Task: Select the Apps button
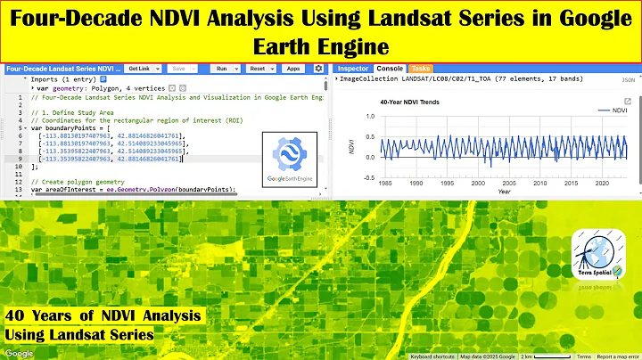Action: pos(292,69)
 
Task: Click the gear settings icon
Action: pos(318,69)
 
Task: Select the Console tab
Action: pos(390,69)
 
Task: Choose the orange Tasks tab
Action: pos(421,69)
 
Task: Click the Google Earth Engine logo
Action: pos(292,160)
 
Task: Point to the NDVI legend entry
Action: pos(612,110)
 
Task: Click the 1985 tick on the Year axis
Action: pos(384,183)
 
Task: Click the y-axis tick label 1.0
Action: pos(371,116)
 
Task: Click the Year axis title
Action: pos(505,191)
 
